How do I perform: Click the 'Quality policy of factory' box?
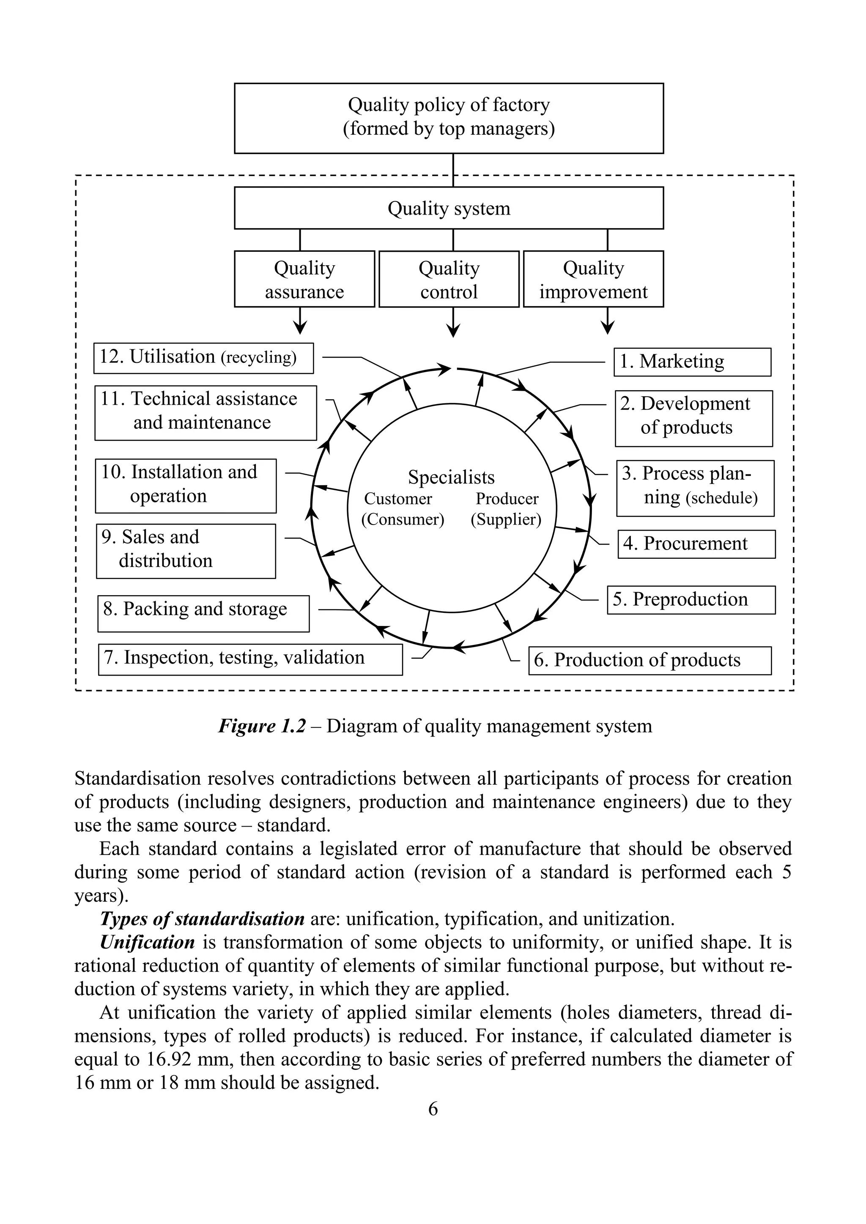[449, 118]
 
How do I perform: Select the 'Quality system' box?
[449, 208]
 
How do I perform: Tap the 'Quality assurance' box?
[304, 279]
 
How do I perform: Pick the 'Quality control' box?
[449, 279]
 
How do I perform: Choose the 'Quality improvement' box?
[593, 279]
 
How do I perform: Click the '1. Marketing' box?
[692, 362]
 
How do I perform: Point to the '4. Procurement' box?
[696, 544]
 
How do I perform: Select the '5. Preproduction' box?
[691, 600]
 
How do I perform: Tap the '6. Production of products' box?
[649, 661]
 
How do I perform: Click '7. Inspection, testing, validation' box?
[250, 659]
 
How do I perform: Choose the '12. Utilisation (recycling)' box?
[203, 358]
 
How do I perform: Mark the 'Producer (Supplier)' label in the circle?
[507, 509]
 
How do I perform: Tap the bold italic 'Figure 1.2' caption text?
[262, 726]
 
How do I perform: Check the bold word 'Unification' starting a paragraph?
[147, 942]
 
